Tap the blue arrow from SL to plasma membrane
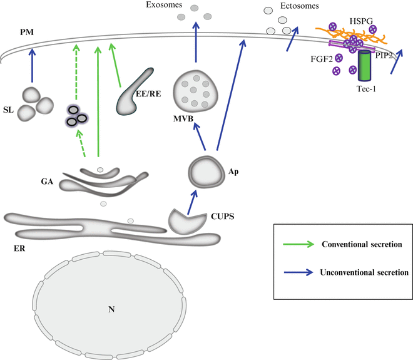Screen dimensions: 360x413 tap(31, 66)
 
